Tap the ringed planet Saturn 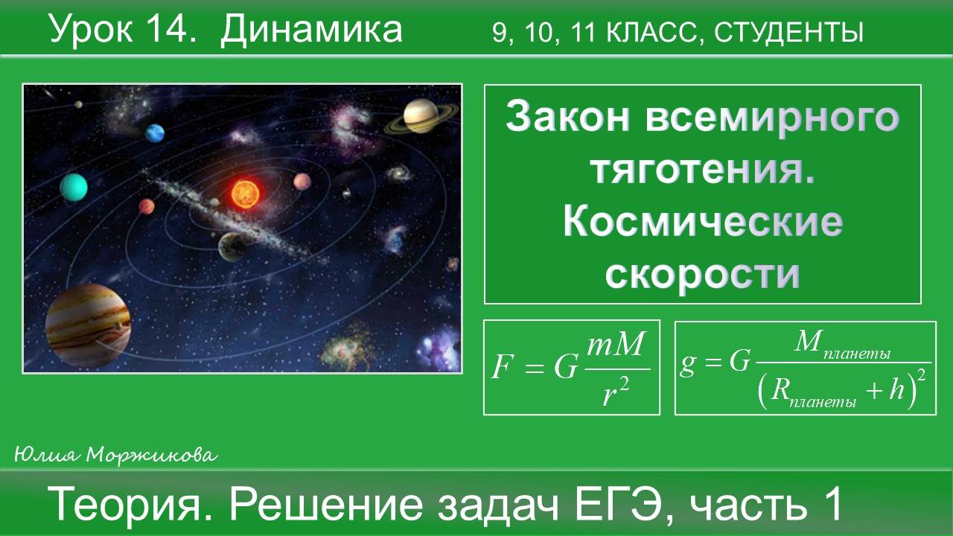click(x=421, y=116)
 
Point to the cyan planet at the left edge click(x=74, y=186)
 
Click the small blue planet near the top click(x=155, y=133)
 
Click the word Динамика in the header click(x=311, y=30)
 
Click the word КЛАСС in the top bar click(x=649, y=33)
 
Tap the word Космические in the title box click(x=703, y=222)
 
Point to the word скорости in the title click(x=702, y=273)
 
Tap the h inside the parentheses click(x=896, y=391)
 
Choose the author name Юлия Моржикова click(x=115, y=454)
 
